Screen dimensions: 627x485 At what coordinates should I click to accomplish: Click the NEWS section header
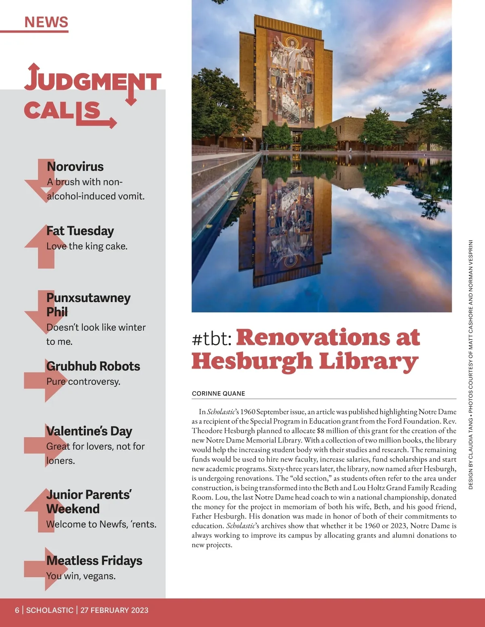pos(46,22)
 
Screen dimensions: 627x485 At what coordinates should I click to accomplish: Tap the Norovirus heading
pos(75,166)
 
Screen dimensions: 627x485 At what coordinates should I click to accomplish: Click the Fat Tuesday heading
pos(80,231)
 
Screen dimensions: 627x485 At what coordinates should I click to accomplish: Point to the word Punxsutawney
pos(89,298)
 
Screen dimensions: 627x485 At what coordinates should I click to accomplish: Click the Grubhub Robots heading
pos(93,366)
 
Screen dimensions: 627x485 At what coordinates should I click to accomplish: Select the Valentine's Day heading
pos(89,431)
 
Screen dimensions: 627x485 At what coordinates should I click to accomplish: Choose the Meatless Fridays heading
pos(94,561)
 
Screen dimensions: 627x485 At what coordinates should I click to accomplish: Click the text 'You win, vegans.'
pos(81,576)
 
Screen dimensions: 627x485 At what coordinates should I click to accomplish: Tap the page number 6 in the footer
pos(17,610)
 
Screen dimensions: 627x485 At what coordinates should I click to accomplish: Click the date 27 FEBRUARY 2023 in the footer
pos(114,610)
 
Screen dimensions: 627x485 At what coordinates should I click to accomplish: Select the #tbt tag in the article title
pos(211,339)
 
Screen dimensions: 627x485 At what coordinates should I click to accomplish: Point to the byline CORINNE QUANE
pos(218,394)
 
